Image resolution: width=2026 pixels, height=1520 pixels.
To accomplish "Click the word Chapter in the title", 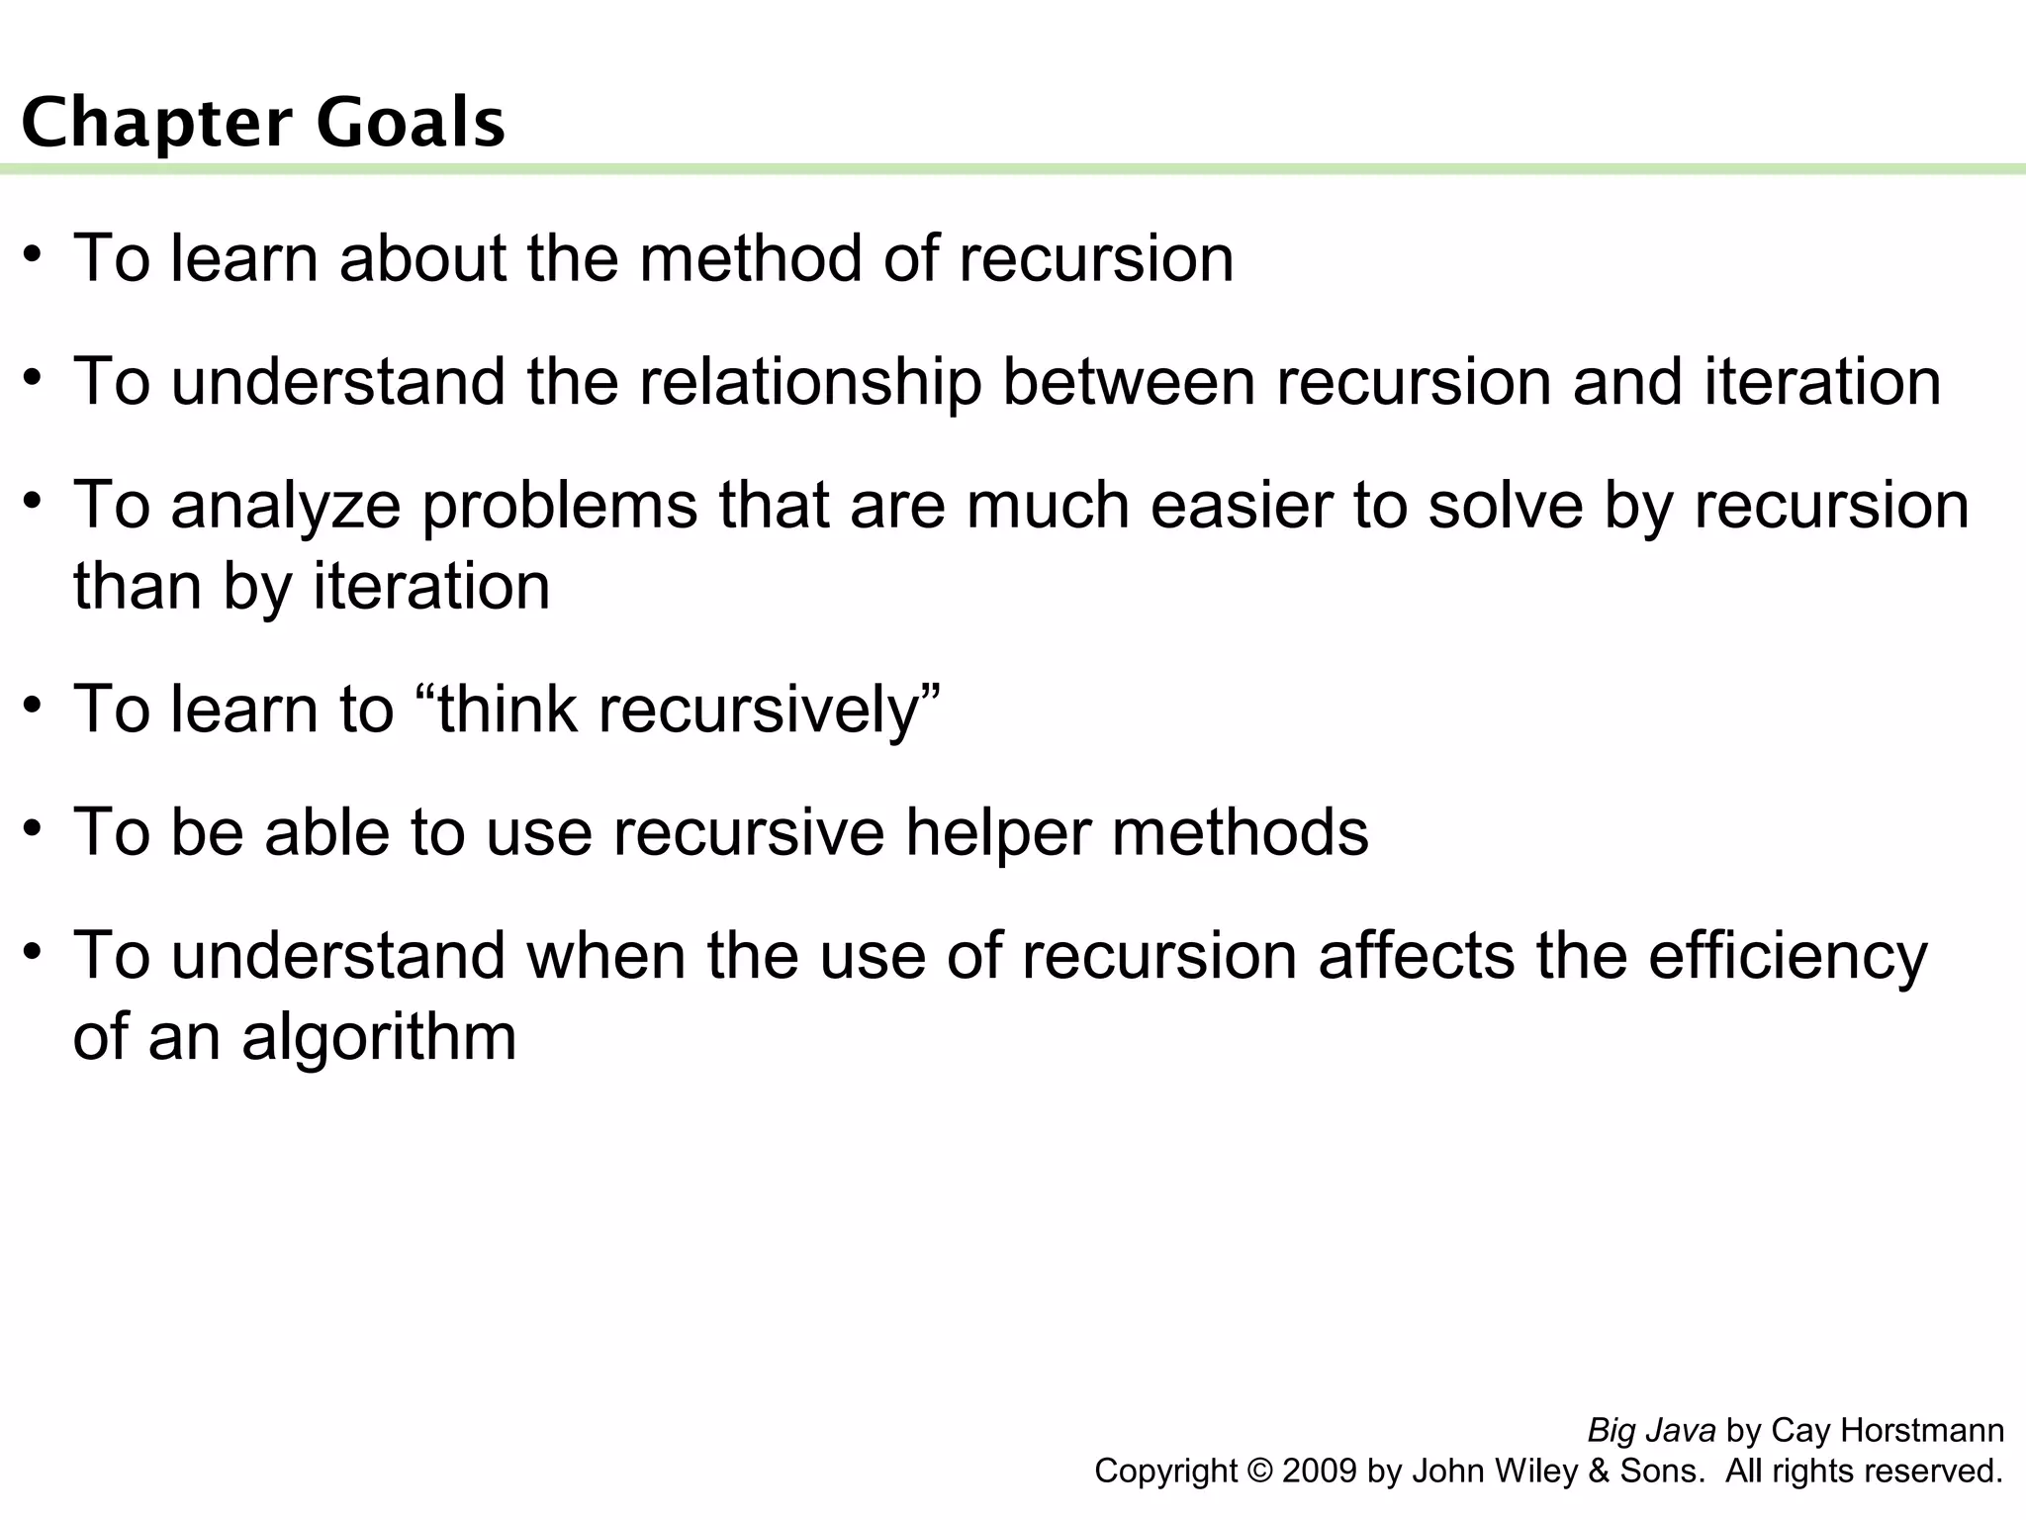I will coord(155,124).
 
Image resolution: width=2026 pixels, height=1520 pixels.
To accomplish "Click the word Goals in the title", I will coord(411,124).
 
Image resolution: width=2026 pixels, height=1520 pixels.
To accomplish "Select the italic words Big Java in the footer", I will coord(1651,1431).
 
